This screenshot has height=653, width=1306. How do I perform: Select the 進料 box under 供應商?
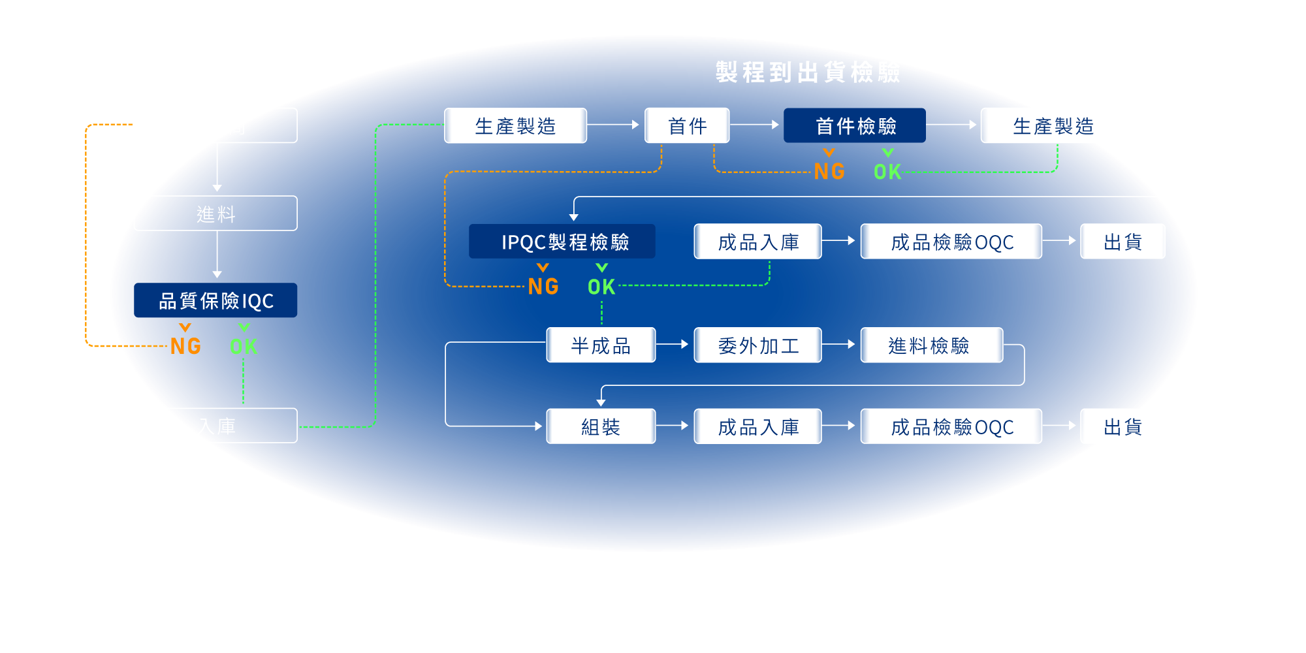coord(215,214)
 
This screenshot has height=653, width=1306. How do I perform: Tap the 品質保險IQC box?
coord(215,300)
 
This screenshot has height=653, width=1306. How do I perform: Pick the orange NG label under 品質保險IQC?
coord(185,346)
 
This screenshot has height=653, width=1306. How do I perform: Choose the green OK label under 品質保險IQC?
coord(244,346)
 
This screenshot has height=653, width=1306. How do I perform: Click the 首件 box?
coord(687,125)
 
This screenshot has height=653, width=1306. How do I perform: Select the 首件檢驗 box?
coord(855,125)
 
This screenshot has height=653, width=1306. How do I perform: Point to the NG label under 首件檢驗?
coord(829,171)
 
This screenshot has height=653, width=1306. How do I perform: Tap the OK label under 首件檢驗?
coord(887,171)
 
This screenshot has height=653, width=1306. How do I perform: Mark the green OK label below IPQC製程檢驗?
coord(601,287)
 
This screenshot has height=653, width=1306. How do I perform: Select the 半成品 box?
coord(601,345)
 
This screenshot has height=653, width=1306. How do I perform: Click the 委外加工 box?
coord(757,345)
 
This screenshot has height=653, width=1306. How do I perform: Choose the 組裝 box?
coord(601,426)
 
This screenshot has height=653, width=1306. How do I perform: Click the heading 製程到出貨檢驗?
coord(808,72)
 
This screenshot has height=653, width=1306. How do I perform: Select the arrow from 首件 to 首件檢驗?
coord(755,124)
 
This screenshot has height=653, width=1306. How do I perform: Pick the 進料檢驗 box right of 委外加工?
coord(931,345)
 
